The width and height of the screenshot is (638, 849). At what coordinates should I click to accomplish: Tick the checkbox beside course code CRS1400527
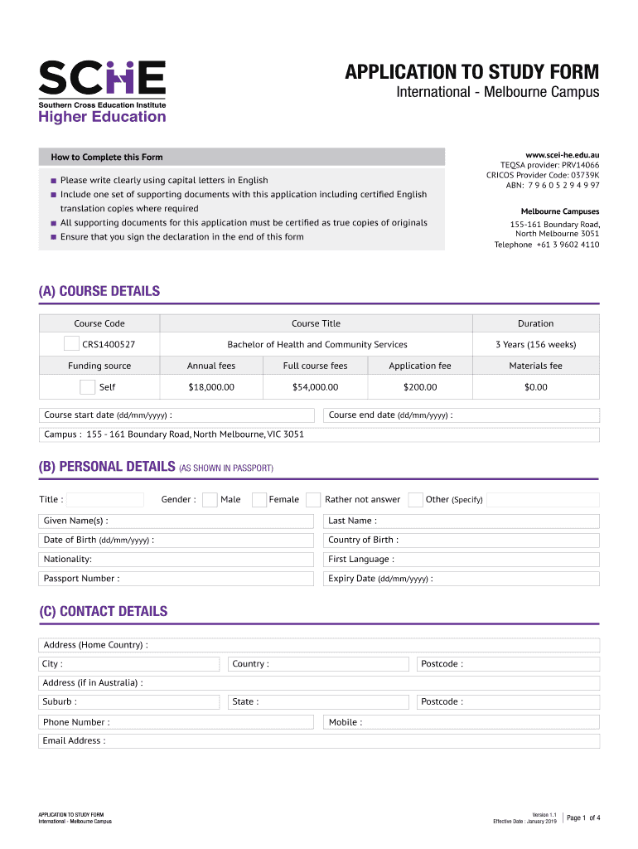click(x=72, y=344)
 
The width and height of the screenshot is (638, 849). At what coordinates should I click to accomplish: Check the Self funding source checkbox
click(x=88, y=386)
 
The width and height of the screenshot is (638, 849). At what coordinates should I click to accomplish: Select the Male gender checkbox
click(x=210, y=499)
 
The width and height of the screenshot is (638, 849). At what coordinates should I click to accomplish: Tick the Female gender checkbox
click(x=259, y=499)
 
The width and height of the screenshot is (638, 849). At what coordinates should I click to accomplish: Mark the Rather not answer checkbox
click(x=313, y=499)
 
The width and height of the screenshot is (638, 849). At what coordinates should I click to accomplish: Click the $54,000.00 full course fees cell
click(x=315, y=387)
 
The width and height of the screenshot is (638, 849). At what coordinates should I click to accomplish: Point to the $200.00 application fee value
click(x=420, y=387)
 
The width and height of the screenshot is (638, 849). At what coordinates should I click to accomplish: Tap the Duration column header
click(x=535, y=323)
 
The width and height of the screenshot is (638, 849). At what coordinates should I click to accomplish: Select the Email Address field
click(x=348, y=740)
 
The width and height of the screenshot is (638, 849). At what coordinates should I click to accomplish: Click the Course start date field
click(x=240, y=415)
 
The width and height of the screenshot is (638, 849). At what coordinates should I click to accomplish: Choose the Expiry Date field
click(x=514, y=579)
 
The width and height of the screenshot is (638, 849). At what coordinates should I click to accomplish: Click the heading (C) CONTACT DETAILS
click(x=103, y=612)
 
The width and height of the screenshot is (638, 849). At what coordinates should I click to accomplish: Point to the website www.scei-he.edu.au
click(x=562, y=154)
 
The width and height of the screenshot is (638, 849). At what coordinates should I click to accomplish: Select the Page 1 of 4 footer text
click(x=583, y=818)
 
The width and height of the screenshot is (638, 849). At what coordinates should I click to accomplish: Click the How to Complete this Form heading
click(x=107, y=157)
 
